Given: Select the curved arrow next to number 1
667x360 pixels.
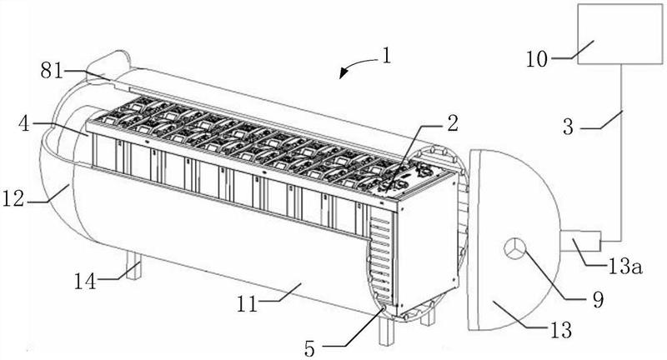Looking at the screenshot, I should tap(359, 67).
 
